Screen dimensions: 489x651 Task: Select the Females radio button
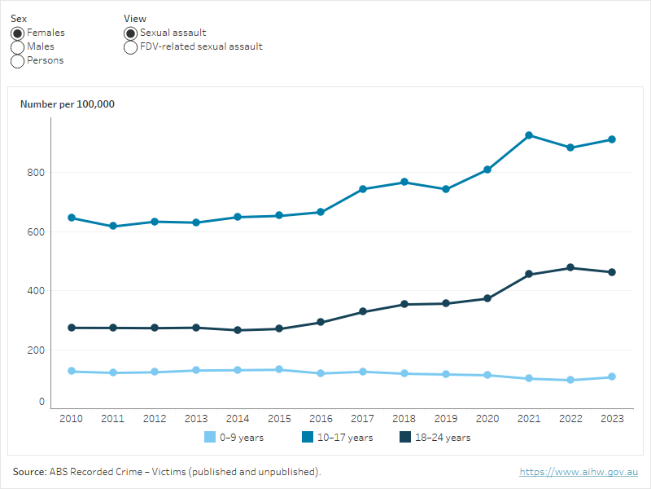tap(17, 33)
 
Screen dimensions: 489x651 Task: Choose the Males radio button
tap(17, 47)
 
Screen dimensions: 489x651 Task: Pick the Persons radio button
tap(17, 61)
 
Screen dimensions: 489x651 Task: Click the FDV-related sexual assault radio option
tap(130, 47)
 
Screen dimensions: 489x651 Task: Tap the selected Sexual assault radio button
tap(130, 33)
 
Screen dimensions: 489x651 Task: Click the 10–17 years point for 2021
tap(529, 135)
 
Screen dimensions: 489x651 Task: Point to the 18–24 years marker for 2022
tap(570, 267)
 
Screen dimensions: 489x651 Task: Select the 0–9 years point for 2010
tap(72, 371)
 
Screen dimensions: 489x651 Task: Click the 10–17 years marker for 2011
tap(113, 226)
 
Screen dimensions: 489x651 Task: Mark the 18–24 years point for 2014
tap(238, 330)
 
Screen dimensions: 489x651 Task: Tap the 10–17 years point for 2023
tap(612, 139)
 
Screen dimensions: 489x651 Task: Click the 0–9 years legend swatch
tap(210, 438)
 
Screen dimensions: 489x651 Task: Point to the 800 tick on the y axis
tap(36, 173)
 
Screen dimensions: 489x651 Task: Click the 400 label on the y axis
tap(36, 291)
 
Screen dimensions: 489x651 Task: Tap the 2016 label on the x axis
tap(321, 418)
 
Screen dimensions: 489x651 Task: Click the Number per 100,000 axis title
tap(67, 104)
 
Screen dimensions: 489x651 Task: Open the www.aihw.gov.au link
tap(579, 472)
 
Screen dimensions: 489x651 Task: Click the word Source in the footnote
tap(29, 472)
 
